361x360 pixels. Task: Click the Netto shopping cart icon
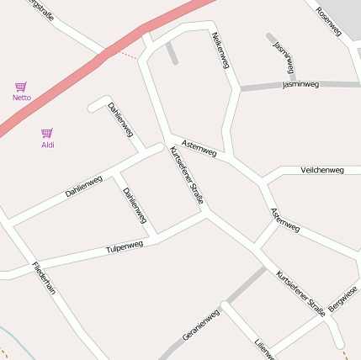pos(21,87)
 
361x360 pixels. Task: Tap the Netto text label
pos(22,98)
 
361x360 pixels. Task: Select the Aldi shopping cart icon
pos(47,133)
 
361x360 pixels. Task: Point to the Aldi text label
pos(48,145)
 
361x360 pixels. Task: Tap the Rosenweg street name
pos(328,21)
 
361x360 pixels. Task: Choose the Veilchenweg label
pos(322,171)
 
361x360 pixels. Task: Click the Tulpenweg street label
pos(125,247)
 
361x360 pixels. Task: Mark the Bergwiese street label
pos(343,299)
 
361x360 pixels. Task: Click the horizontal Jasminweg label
pos(300,85)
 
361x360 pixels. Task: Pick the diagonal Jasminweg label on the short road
pos(284,56)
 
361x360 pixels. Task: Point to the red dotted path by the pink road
pos(126,55)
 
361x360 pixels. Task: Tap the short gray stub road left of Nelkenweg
pos(172,53)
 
